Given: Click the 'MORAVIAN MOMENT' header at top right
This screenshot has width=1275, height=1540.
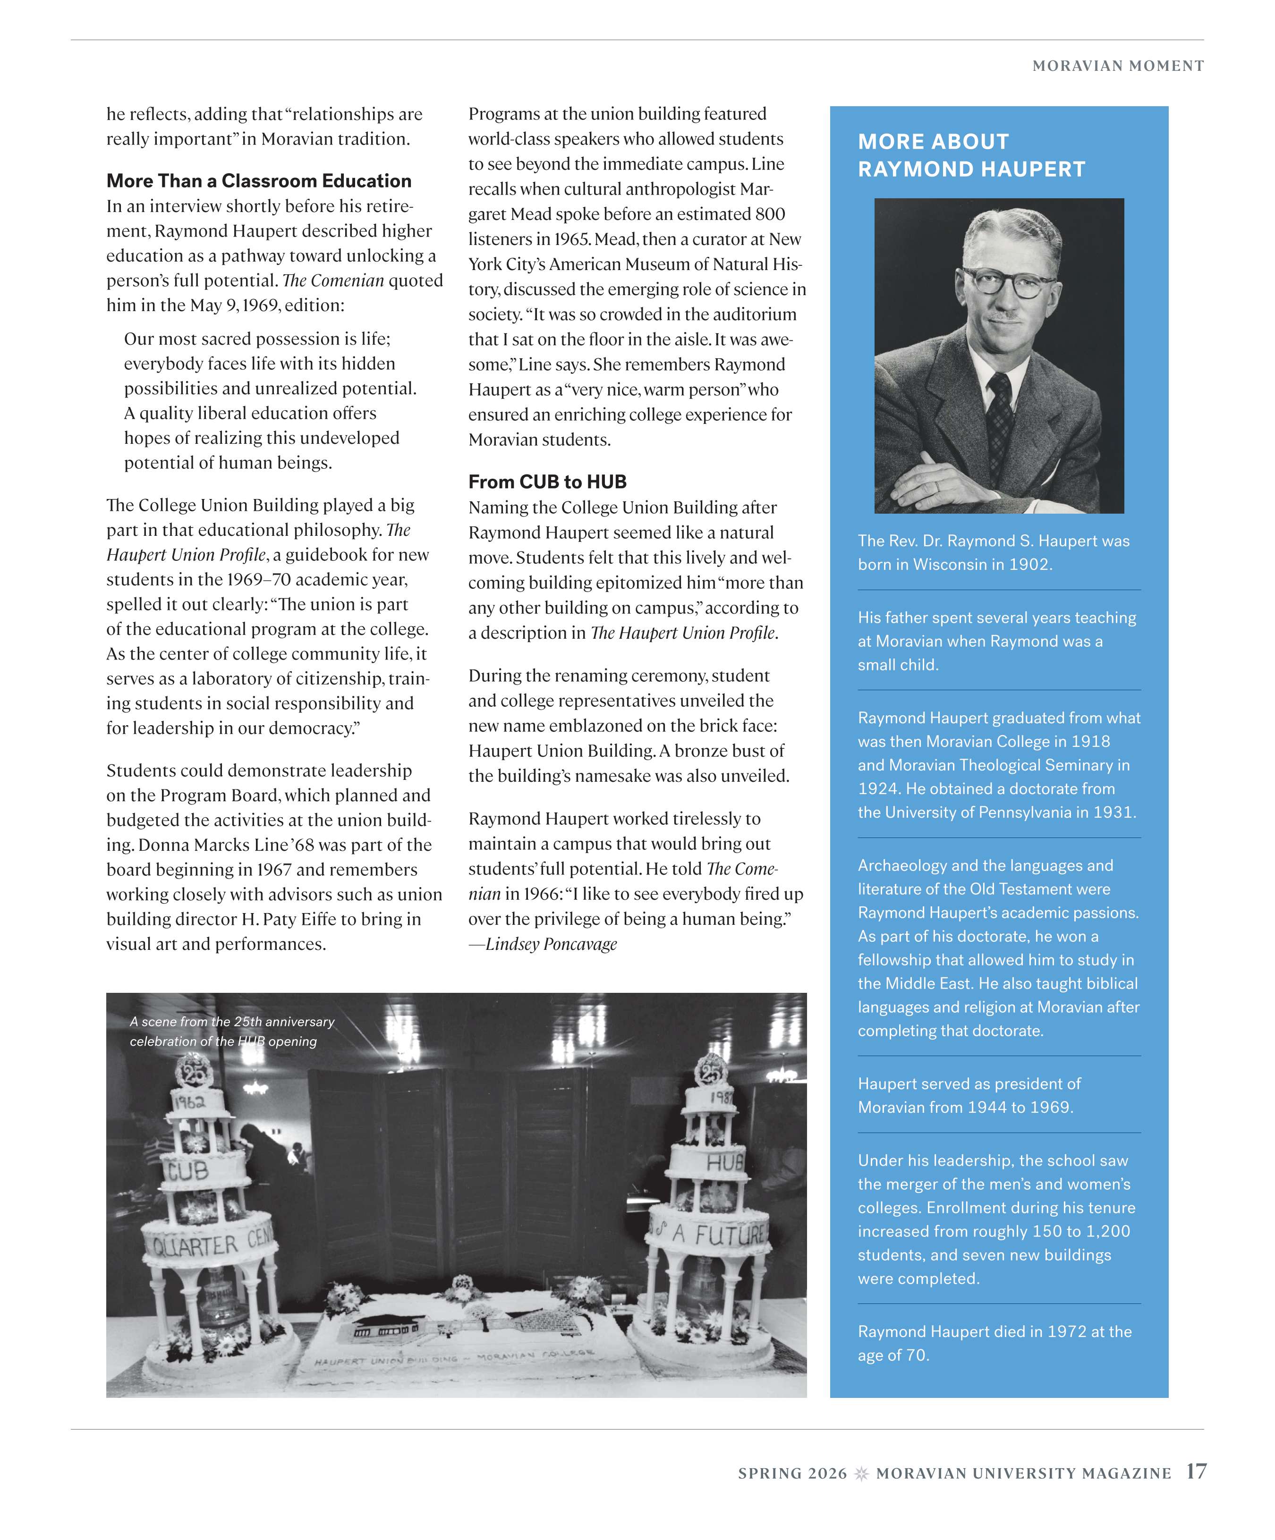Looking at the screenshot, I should (1117, 66).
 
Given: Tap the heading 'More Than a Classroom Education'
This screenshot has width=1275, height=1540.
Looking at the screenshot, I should (258, 181).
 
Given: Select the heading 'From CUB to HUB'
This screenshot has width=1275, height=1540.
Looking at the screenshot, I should (547, 482).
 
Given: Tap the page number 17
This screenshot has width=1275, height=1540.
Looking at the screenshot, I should (1196, 1472).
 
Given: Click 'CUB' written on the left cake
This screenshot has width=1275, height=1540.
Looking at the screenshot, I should (187, 1171).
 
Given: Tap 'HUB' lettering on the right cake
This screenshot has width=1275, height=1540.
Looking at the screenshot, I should (725, 1162).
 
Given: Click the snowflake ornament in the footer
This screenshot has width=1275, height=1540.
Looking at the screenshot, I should (862, 1473).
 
